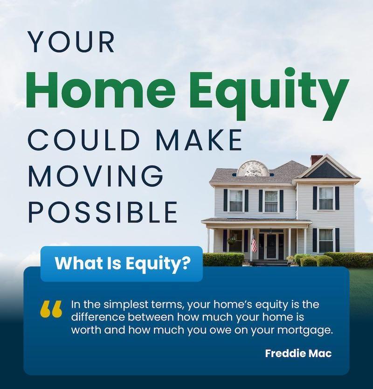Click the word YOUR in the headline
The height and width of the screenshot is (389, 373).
[x=71, y=42]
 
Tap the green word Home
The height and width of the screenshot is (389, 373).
[x=102, y=90]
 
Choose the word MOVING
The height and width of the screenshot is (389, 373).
[x=96, y=176]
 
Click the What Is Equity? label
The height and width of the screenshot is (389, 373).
[x=123, y=264]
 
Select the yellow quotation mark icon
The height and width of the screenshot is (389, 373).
[x=51, y=309]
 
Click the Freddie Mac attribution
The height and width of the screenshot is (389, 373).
[x=298, y=353]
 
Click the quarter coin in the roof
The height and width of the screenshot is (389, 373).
[x=252, y=169]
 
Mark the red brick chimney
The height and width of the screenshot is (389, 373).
[x=316, y=160]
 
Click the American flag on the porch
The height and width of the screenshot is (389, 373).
[x=254, y=242]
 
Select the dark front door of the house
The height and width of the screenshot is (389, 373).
[x=271, y=246]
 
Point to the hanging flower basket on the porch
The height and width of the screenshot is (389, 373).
[x=232, y=240]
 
